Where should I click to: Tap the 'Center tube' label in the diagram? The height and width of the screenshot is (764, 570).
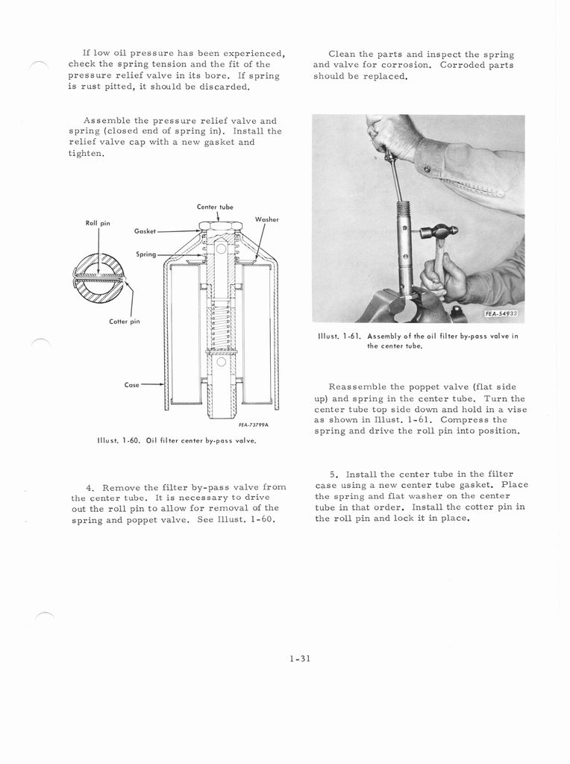tap(215, 207)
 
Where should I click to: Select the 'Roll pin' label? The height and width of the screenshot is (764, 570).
tap(98, 222)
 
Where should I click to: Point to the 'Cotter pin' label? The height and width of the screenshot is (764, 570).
tap(125, 322)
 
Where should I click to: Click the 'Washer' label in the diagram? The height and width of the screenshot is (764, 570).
tap(266, 219)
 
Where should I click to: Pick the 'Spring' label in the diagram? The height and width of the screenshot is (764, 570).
tap(146, 254)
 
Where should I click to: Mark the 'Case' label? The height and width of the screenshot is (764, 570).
tap(132, 385)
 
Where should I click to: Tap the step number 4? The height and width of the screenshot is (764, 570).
tap(89, 487)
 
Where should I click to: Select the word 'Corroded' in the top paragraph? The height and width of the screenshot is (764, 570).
tap(464, 65)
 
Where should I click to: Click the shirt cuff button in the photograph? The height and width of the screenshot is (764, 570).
tap(427, 169)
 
